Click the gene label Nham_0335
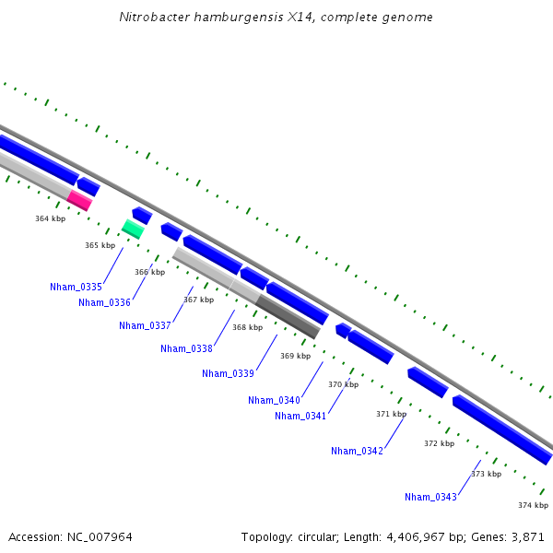[76, 288]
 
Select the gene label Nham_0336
[104, 302]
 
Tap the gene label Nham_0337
[145, 325]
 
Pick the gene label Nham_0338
[186, 348]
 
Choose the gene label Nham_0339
[228, 373]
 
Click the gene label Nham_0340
[274, 400]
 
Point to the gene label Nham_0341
[300, 416]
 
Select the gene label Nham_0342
[357, 451]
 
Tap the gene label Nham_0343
[430, 497]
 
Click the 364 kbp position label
[50, 218]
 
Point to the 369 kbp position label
[295, 356]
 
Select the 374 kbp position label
[533, 505]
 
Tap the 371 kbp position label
[391, 414]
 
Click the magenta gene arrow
[79, 200]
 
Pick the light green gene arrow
[133, 229]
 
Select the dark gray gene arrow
[288, 317]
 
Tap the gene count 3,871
[530, 536]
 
